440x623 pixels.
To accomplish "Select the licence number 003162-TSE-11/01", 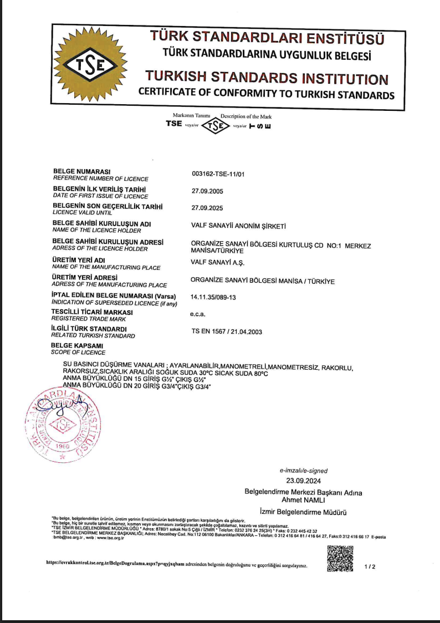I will point(218,174).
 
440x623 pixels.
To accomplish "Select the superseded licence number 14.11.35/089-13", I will point(213,298).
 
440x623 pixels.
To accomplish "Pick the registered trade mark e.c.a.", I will point(198,314).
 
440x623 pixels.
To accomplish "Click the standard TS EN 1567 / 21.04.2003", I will point(226,332).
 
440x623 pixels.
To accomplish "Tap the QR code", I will point(340,559).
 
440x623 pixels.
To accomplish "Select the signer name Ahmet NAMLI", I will point(303,500).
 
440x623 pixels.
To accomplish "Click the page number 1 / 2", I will point(370,567).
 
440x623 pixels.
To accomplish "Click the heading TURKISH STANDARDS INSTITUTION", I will point(267,78).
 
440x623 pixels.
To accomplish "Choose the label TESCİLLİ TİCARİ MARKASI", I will point(93,311).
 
